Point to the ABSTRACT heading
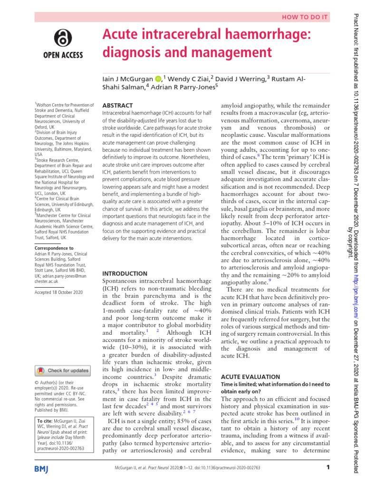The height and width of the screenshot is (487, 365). click(117, 105)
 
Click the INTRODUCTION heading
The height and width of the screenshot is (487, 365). click(125, 273)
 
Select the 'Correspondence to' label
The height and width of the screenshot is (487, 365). click(54, 248)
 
